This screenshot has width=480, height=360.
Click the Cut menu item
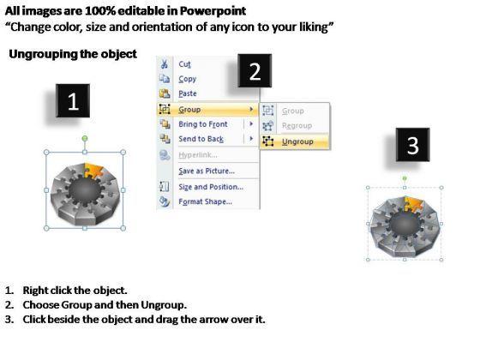click(x=184, y=64)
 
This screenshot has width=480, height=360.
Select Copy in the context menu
click(x=188, y=79)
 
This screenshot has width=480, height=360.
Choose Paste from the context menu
click(x=188, y=93)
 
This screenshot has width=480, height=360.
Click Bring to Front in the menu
click(x=203, y=124)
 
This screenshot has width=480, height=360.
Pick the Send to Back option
click(x=201, y=139)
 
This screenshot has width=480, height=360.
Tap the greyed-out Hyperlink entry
click(x=198, y=155)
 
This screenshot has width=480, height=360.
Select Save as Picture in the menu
click(x=207, y=171)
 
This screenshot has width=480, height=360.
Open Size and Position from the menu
click(x=211, y=187)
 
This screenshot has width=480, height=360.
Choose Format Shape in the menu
click(x=205, y=201)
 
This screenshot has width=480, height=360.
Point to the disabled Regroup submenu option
click(x=297, y=125)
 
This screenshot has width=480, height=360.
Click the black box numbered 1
click(x=73, y=101)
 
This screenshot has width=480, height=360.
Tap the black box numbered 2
click(x=255, y=70)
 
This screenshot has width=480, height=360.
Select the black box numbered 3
click(x=412, y=145)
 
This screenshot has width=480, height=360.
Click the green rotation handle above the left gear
click(x=85, y=139)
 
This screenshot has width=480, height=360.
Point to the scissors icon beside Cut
click(x=165, y=64)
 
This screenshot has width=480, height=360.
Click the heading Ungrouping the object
click(x=73, y=54)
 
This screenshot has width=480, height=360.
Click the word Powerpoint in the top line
click(x=213, y=11)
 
